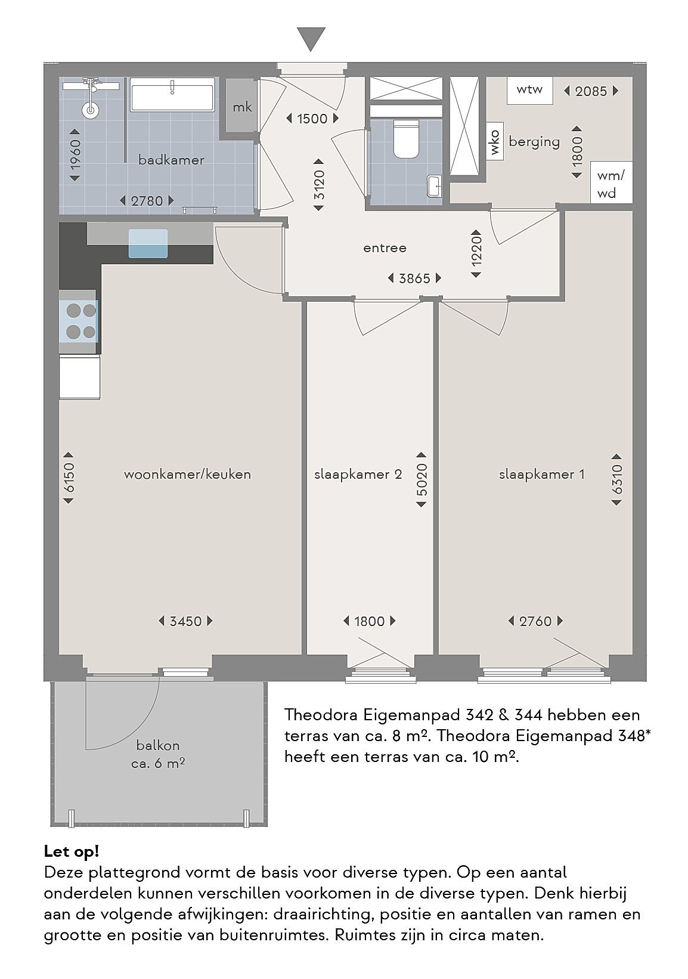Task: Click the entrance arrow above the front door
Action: pyautogui.click(x=311, y=39)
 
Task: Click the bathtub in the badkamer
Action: pyautogui.click(x=173, y=95)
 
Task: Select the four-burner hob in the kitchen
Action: pyautogui.click(x=81, y=321)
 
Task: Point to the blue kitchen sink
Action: pyautogui.click(x=148, y=243)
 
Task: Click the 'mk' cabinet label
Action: pyautogui.click(x=242, y=107)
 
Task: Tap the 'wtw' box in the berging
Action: pyautogui.click(x=530, y=91)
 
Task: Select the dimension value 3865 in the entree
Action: pyautogui.click(x=414, y=278)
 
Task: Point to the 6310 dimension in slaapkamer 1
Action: pyautogui.click(x=616, y=479)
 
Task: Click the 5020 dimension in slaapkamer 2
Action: pyautogui.click(x=422, y=479)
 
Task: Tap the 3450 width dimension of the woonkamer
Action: pyautogui.click(x=186, y=621)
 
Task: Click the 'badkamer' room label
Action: pyautogui.click(x=171, y=160)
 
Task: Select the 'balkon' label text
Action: pyautogui.click(x=158, y=745)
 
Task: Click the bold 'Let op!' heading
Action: pyautogui.click(x=72, y=851)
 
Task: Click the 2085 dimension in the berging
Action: pyautogui.click(x=591, y=91)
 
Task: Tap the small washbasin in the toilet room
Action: pyautogui.click(x=435, y=186)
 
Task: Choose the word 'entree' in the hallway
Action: pyautogui.click(x=385, y=248)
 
